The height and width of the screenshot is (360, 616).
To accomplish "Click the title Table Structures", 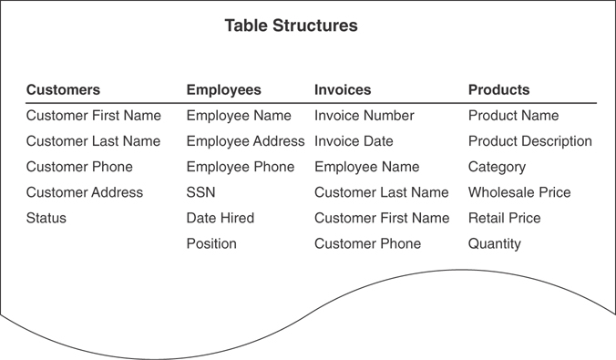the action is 291,26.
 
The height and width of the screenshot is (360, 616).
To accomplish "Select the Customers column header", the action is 63,89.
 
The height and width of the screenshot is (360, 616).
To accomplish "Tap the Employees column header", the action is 223,89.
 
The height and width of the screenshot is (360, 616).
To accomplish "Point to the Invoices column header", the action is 343,89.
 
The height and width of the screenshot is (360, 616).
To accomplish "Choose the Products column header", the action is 498,89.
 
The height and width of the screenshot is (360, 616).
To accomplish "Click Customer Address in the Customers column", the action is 85,192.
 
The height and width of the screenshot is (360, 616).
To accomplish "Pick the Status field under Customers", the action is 46,218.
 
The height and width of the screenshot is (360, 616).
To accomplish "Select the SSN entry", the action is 200,192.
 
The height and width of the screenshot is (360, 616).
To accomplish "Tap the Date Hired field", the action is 220,218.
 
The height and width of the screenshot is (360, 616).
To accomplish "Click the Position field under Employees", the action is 211,243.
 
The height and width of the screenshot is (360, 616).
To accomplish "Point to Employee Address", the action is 245,141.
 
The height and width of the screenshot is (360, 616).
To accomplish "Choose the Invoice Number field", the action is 364,116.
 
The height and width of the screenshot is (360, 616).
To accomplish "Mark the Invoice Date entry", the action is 354,141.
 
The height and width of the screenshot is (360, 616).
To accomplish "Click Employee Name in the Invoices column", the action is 366,167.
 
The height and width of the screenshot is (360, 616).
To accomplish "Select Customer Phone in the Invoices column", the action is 367,243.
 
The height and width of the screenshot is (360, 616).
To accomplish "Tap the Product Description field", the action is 529,141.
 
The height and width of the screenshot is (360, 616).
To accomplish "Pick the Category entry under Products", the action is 497,167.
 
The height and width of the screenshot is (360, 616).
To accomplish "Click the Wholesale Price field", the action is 519,192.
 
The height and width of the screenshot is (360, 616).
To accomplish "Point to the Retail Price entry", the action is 504,218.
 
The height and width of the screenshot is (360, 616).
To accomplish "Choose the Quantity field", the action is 495,243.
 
